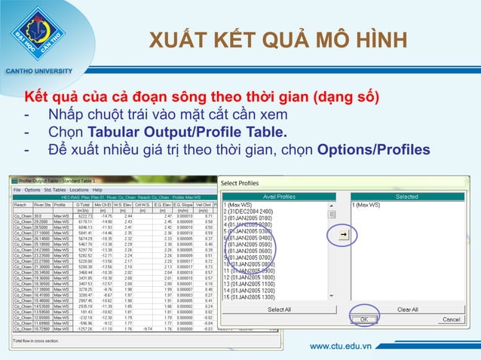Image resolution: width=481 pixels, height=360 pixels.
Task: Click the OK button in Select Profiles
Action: (x=363, y=319)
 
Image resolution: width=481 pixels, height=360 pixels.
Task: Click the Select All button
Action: (x=279, y=310)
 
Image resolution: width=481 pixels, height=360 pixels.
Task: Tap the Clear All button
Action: (x=407, y=310)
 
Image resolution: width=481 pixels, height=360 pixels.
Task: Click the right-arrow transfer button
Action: (x=343, y=236)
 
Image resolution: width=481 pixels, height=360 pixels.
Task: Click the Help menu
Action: (x=98, y=190)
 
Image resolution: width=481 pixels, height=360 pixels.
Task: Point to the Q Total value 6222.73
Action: (x=83, y=216)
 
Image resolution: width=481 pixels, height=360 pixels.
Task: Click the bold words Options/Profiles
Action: (x=374, y=149)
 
